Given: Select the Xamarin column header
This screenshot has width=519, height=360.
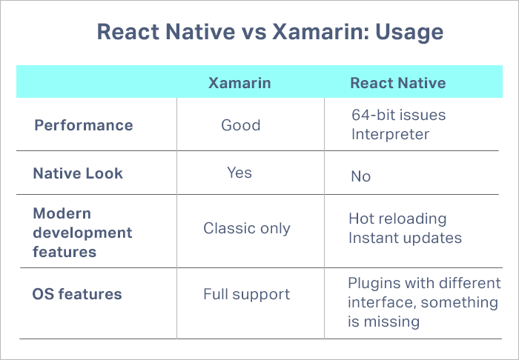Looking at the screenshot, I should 239,83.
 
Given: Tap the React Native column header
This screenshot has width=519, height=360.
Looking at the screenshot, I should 398,83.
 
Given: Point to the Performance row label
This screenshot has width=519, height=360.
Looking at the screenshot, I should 84,124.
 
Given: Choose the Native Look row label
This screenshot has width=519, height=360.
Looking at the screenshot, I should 78,173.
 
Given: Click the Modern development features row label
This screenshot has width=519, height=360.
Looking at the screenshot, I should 82,233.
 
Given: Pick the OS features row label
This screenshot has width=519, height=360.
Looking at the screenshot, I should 77,294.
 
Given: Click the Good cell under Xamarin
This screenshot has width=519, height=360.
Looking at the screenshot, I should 241,124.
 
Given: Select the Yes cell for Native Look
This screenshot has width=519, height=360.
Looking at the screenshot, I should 239,173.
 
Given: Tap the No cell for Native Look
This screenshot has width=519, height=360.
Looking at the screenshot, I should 361,176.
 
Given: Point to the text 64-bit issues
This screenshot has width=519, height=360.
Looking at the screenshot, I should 399,116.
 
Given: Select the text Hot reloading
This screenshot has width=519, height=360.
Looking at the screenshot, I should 397,219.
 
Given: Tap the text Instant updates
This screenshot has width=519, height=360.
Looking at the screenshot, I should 406,238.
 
